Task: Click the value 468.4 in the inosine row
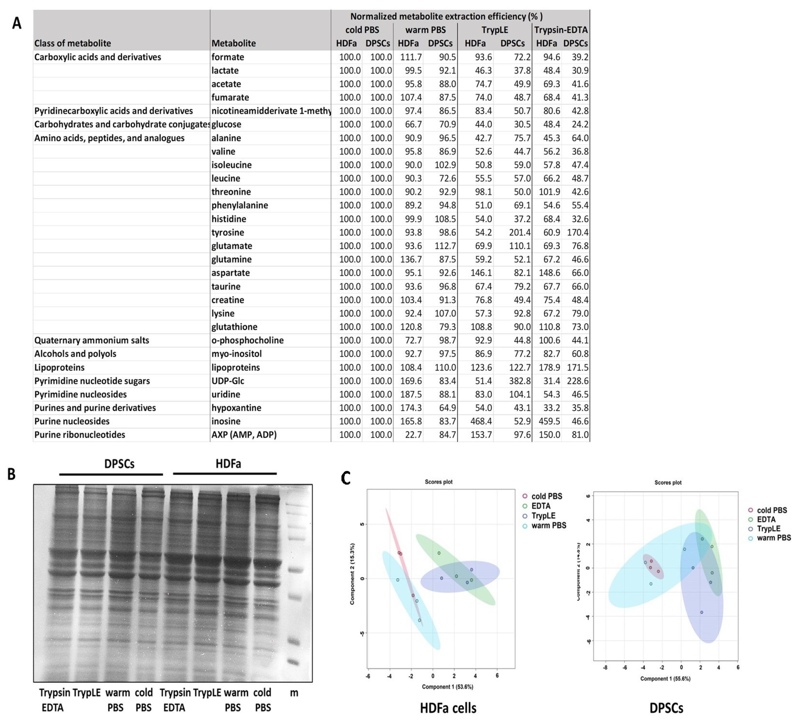[x=481, y=421]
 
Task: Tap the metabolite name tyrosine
[x=227, y=232]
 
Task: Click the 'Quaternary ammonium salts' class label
[x=92, y=340]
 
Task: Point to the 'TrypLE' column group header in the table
[x=495, y=30]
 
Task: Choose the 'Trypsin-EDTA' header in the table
[x=561, y=30]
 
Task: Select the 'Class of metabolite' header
[x=73, y=43]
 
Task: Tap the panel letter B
[x=12, y=474]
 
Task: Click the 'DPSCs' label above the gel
[x=119, y=464]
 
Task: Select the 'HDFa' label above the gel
[x=228, y=464]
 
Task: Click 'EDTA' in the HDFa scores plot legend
[x=541, y=506]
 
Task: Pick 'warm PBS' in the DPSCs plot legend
[x=774, y=538]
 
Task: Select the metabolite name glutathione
[x=234, y=327]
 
